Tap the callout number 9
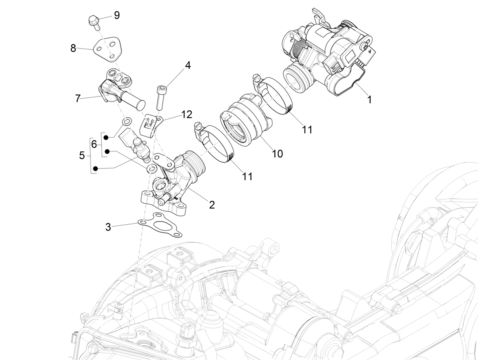117,16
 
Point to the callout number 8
73,49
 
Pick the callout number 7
78,98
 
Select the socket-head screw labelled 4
161,97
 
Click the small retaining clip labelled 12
150,124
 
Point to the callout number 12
186,115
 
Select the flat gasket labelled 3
161,225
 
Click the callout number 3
108,227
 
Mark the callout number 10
277,153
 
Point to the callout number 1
369,100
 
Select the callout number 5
82,155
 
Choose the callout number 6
94,144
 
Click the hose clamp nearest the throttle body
275,94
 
